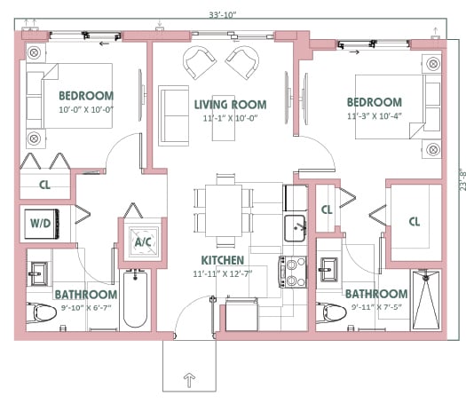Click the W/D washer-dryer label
click(41, 223)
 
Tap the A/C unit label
click(143, 242)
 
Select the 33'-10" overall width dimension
click(222, 15)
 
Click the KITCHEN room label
click(223, 260)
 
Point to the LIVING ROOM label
click(230, 105)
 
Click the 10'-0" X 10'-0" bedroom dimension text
click(86, 110)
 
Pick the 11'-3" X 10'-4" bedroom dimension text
click(375, 116)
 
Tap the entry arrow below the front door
click(189, 380)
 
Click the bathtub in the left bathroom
click(135, 298)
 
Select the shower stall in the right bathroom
click(425, 300)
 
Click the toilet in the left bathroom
click(42, 313)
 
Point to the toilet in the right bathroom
click(331, 313)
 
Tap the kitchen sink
click(295, 228)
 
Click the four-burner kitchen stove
click(293, 272)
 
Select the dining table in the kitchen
click(224, 210)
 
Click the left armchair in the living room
click(200, 63)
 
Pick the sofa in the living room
click(174, 115)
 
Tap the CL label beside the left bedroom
click(44, 185)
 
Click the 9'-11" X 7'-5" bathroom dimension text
click(376, 306)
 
